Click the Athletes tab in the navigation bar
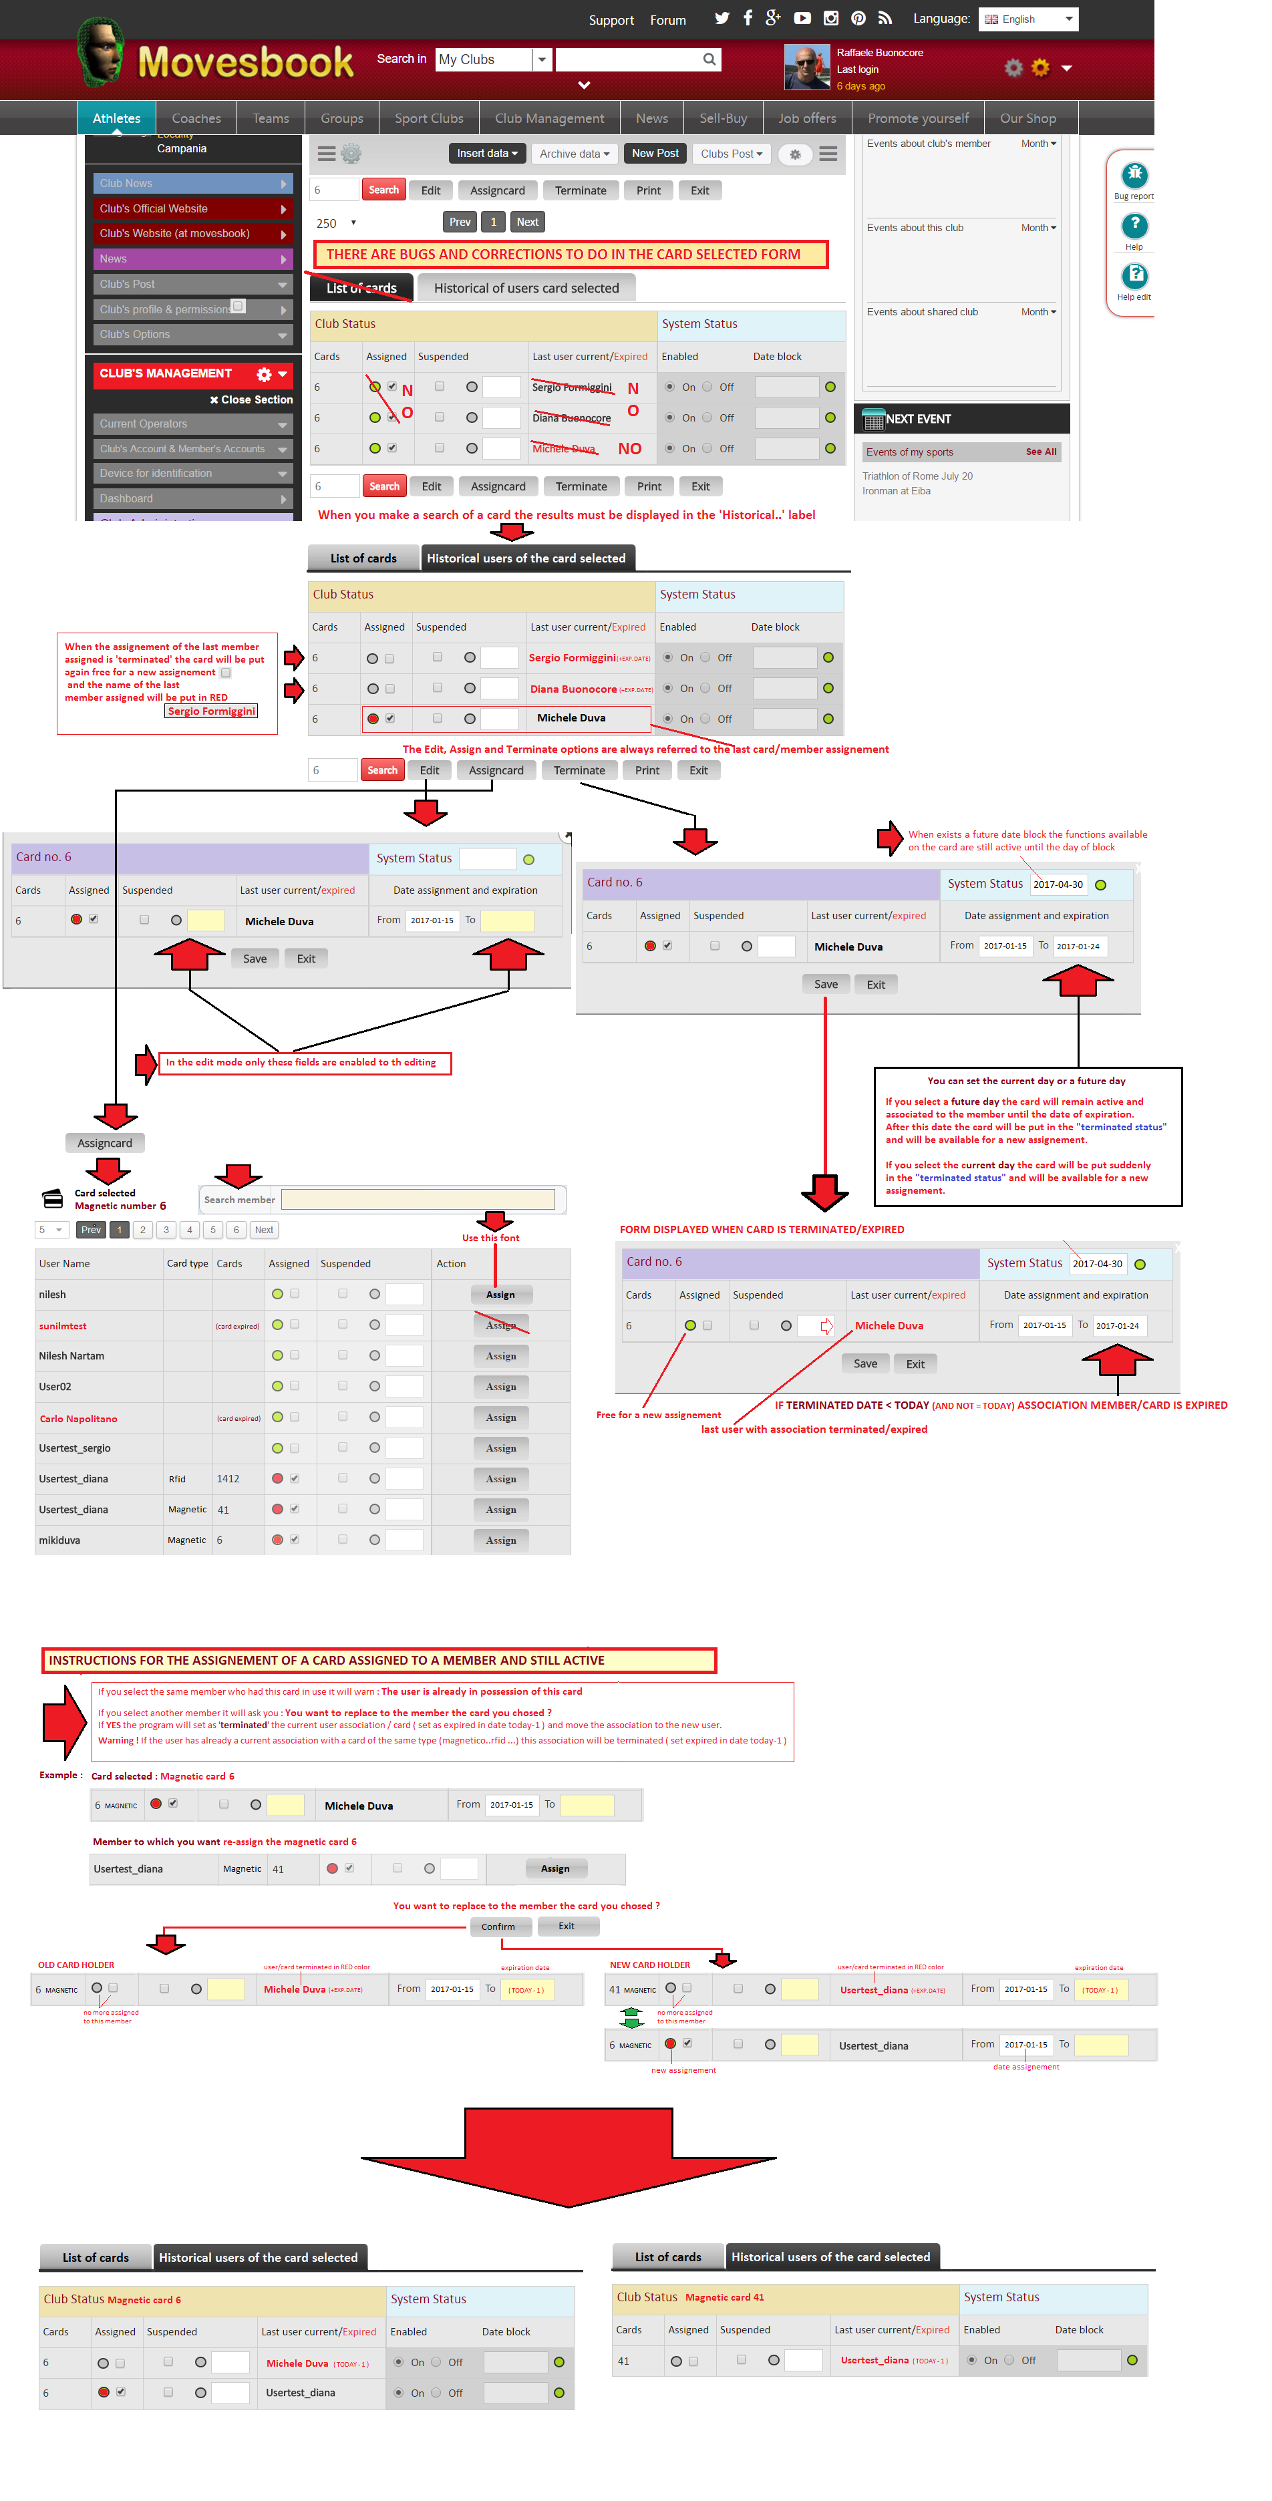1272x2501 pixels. click(x=116, y=118)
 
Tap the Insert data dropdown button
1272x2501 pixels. click(x=486, y=154)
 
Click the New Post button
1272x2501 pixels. click(x=655, y=154)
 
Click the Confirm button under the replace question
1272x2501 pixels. click(x=498, y=1927)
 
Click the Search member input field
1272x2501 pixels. click(x=418, y=1200)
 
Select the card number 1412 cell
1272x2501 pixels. click(x=228, y=1479)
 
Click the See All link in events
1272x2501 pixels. click(x=1041, y=452)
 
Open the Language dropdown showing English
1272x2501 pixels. click(x=1027, y=19)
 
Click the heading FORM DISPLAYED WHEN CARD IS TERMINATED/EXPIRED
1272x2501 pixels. click(x=761, y=1229)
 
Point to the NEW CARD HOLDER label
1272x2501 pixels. click(x=649, y=1965)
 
